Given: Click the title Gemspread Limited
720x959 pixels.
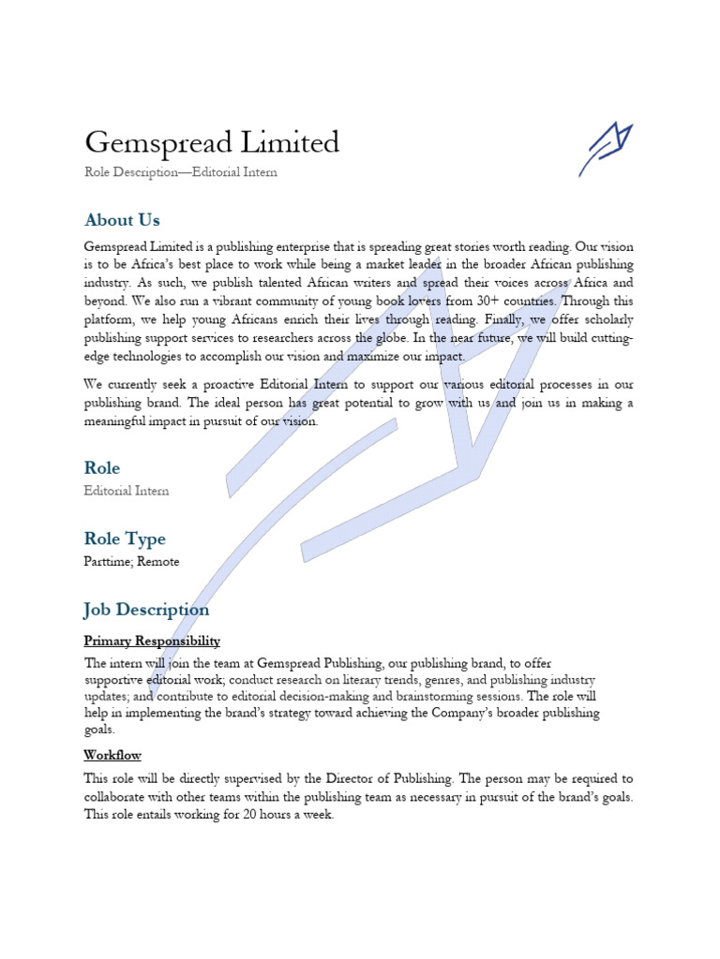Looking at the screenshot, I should tap(212, 143).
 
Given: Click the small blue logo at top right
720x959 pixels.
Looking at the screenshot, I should tap(606, 148).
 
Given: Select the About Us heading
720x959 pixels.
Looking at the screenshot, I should tap(122, 220).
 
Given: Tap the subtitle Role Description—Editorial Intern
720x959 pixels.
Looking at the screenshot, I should tap(181, 172).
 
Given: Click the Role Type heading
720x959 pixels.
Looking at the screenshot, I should tap(125, 539).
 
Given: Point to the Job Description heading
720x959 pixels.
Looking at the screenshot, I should tap(146, 610).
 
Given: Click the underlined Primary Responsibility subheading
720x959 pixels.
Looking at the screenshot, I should tap(152, 642).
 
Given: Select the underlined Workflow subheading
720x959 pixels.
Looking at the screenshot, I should tap(112, 755).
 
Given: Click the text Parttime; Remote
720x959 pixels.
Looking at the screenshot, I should tap(131, 562).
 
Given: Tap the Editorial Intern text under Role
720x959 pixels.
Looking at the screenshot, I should tap(127, 491).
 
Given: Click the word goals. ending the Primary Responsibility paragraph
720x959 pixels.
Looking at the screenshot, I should tap(99, 730).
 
